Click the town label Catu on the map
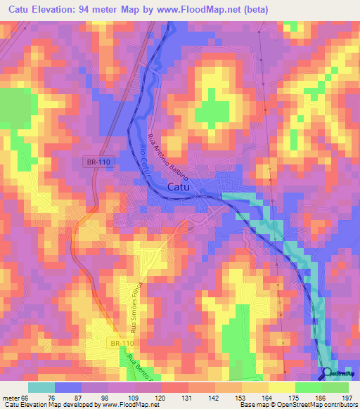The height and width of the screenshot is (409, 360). coord(182,187)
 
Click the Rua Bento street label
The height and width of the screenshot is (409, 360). coord(139,366)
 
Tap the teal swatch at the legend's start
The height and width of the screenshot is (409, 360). coord(41,387)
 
